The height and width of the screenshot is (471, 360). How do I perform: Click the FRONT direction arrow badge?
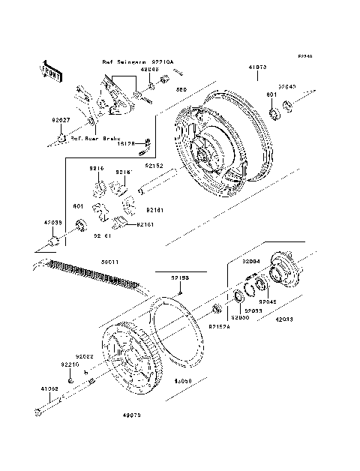(x=55, y=70)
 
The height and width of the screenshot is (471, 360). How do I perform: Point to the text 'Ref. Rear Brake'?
(x=93, y=138)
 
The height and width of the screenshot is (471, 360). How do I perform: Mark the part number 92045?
(x=268, y=302)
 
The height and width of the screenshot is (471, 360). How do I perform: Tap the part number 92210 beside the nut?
(x=69, y=364)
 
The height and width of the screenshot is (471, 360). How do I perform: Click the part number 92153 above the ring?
(x=179, y=277)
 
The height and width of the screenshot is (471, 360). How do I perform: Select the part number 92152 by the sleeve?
(x=154, y=166)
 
